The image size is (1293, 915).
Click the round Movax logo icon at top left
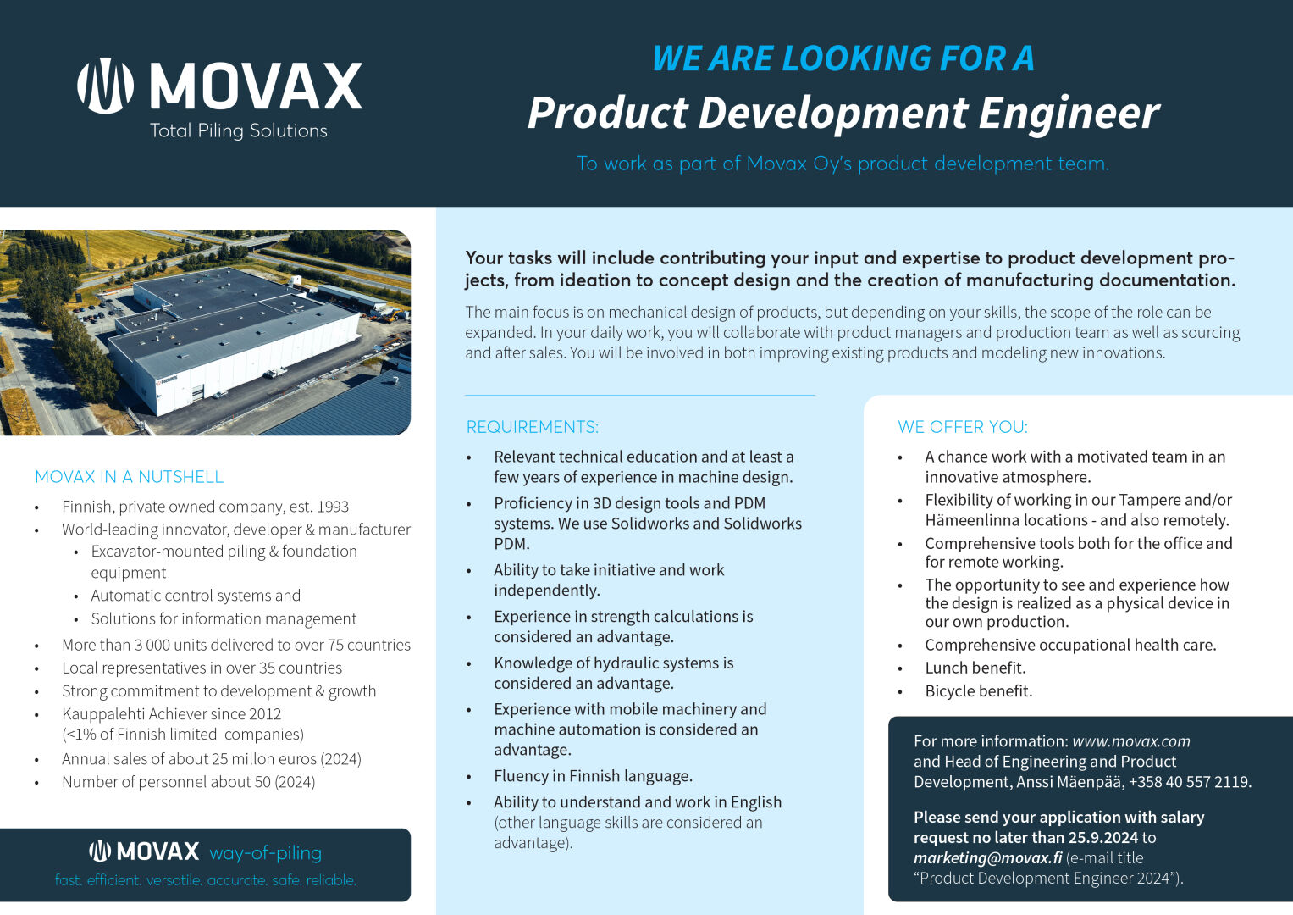click(105, 86)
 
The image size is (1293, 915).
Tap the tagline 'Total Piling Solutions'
click(238, 130)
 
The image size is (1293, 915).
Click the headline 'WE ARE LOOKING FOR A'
click(843, 58)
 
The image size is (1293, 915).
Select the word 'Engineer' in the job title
click(1069, 113)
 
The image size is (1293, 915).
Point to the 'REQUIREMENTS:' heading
click(532, 427)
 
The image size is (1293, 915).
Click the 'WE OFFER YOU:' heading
click(962, 427)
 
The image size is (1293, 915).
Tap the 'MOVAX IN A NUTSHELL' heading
click(129, 477)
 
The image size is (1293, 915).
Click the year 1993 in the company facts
click(332, 507)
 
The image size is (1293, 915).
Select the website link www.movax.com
click(1130, 741)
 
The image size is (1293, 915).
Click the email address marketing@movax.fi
click(987, 857)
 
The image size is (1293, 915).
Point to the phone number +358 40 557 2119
click(1189, 782)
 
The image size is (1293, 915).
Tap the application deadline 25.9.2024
click(1102, 837)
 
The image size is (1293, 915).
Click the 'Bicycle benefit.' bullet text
click(978, 691)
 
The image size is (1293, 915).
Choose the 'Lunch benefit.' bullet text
click(975, 668)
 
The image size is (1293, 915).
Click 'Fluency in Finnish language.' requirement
click(593, 776)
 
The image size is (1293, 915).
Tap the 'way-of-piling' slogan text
click(265, 852)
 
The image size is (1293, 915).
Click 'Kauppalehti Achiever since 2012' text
click(171, 714)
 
